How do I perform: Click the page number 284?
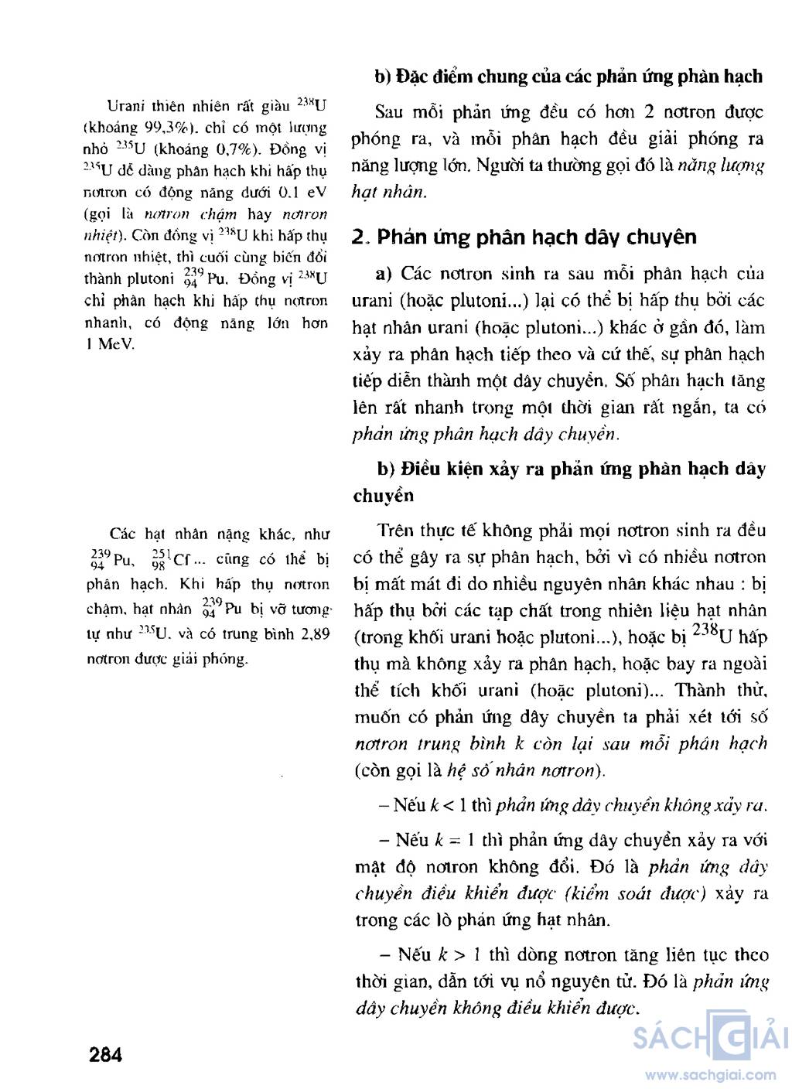click(106, 1054)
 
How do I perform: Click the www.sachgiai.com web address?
click(711, 1074)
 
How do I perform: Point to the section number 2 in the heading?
click(357, 237)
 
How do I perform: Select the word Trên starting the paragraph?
click(397, 531)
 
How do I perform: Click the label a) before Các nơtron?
click(384, 274)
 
